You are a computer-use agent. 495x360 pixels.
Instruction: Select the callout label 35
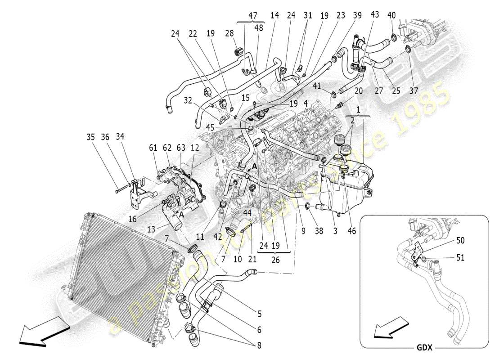point(91,137)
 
